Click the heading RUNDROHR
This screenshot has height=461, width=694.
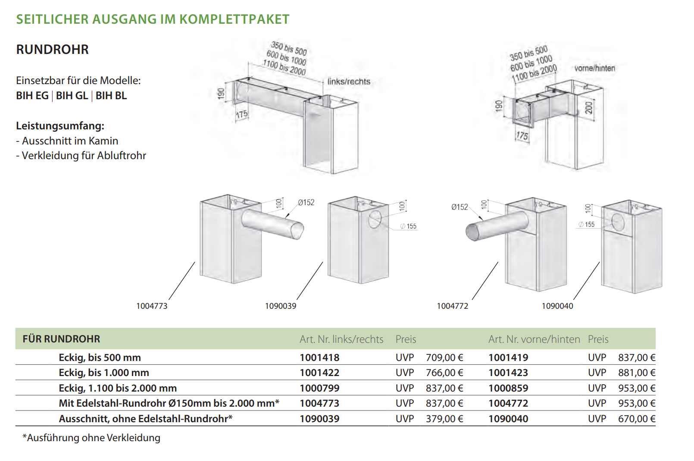(x=52, y=50)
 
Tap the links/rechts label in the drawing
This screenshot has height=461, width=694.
(x=349, y=82)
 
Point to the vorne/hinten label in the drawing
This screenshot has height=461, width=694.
(x=594, y=68)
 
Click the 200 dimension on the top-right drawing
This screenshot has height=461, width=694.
(x=589, y=107)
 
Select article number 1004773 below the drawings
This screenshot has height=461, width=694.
(x=152, y=306)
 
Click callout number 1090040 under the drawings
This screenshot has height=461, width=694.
(x=557, y=306)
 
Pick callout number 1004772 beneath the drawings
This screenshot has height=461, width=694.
(x=452, y=306)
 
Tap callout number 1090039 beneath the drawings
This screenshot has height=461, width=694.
(x=281, y=306)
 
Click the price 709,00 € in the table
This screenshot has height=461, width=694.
(x=444, y=358)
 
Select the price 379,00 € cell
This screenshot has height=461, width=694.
(x=444, y=419)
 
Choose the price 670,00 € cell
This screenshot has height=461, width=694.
(x=637, y=419)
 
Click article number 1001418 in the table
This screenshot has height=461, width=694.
(x=319, y=358)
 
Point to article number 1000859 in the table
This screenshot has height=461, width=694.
(x=508, y=388)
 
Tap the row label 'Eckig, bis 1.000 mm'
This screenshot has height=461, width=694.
(x=104, y=373)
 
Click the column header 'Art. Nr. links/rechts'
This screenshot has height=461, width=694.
(x=341, y=339)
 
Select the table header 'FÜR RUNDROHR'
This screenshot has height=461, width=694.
(x=61, y=339)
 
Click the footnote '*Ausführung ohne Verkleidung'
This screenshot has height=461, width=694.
(x=91, y=438)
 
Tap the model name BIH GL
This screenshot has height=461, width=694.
(x=72, y=96)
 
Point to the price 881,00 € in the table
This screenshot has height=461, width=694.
(x=637, y=373)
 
